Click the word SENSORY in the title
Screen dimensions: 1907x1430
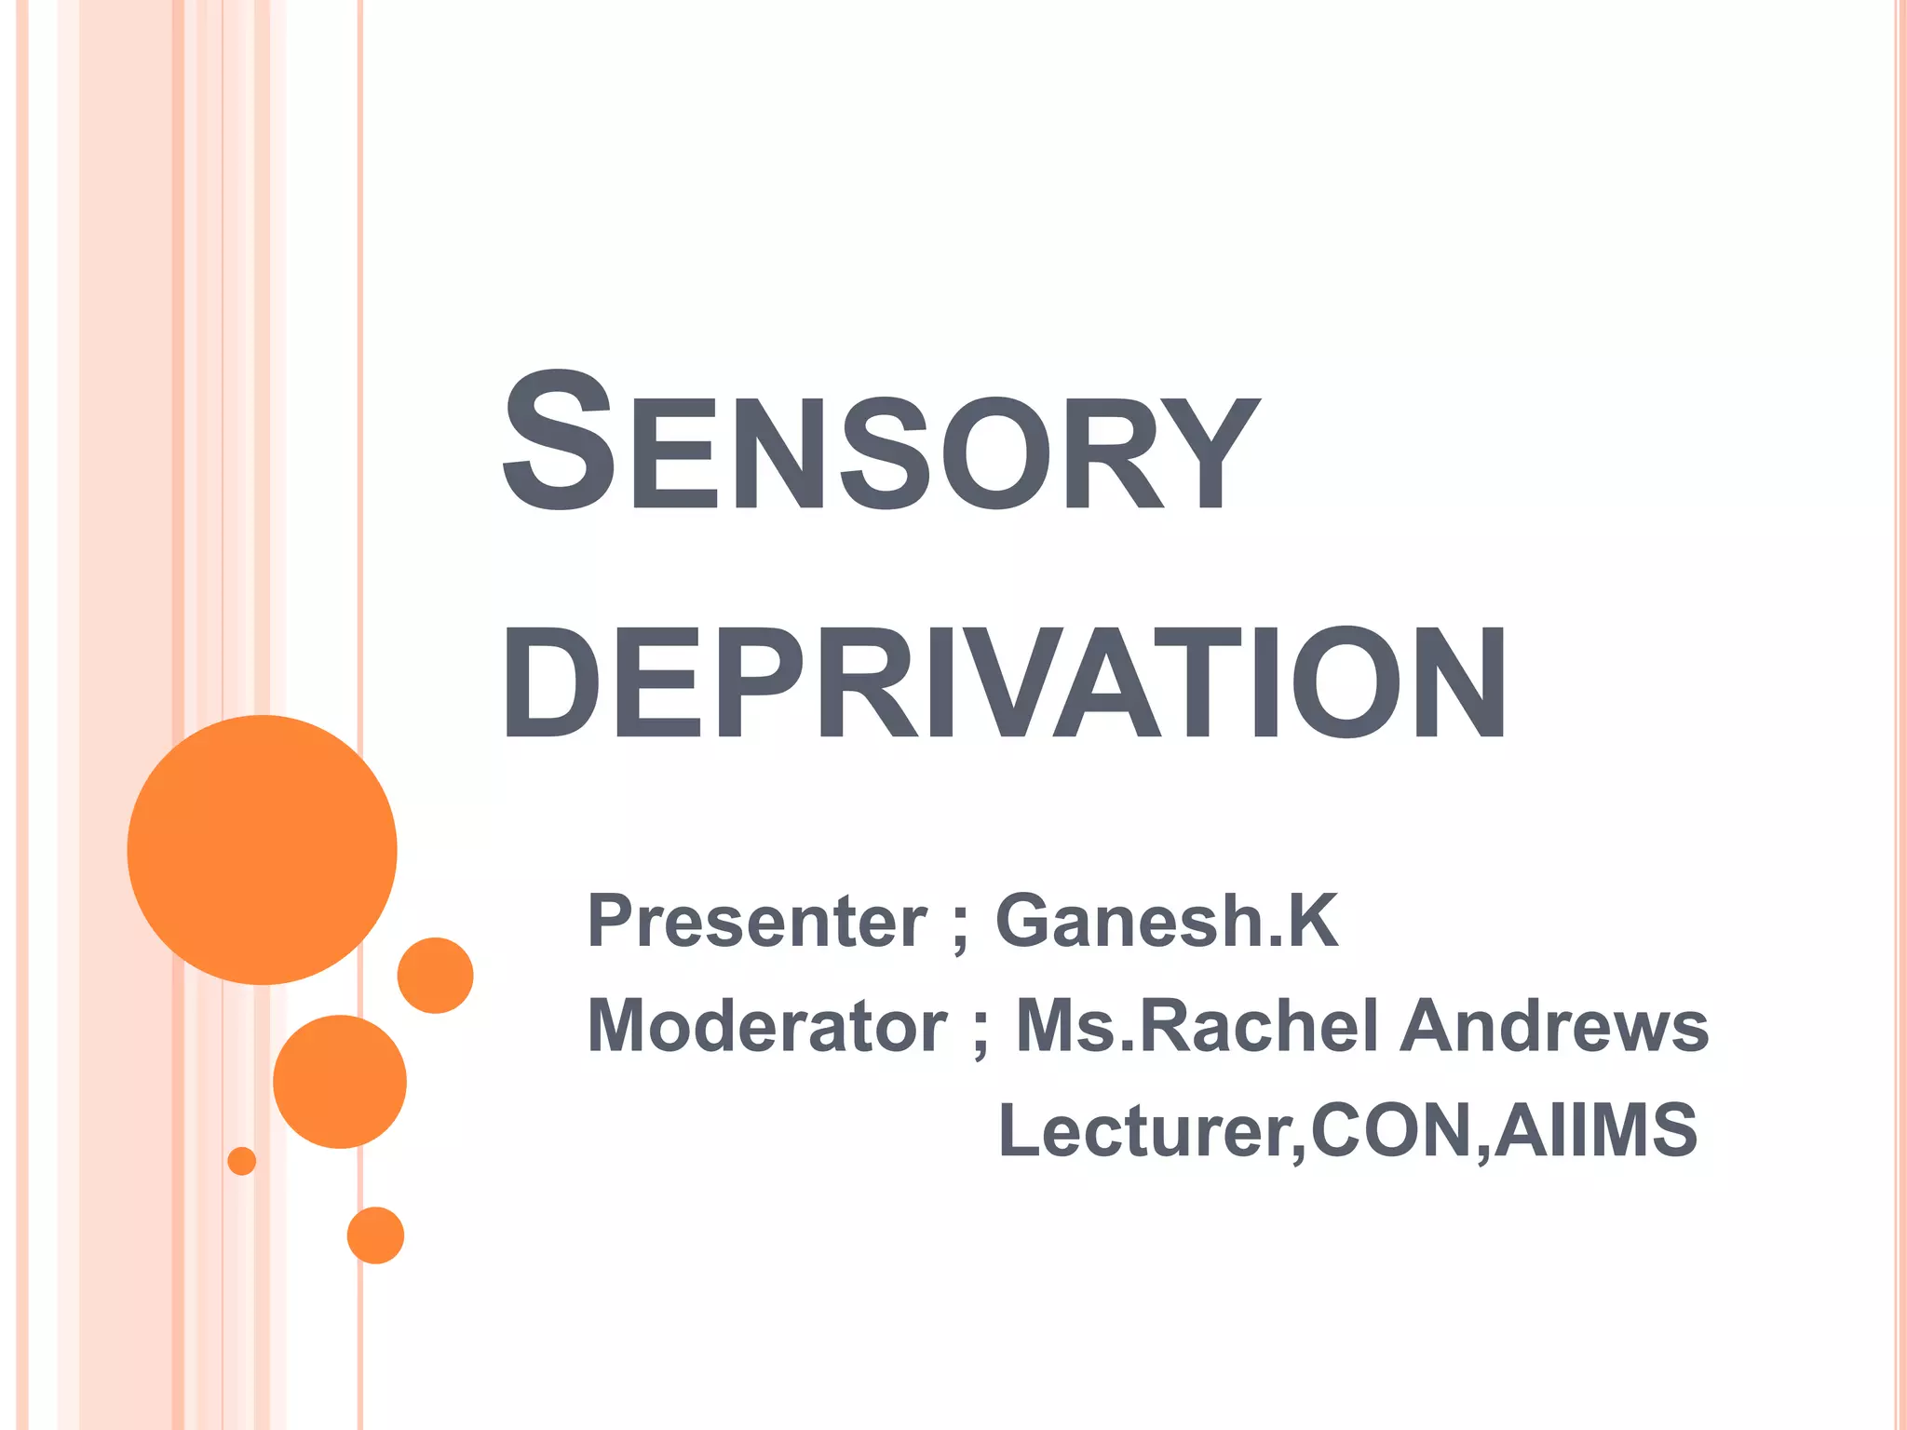click(x=881, y=440)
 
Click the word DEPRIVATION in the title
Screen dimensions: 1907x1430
click(x=1004, y=682)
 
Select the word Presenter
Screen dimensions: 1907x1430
click(x=757, y=921)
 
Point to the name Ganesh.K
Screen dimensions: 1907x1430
click(x=1167, y=921)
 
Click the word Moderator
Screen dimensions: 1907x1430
click(x=767, y=1025)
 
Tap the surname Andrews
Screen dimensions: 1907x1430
click(x=1555, y=1025)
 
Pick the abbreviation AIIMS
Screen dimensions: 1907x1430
click(x=1595, y=1130)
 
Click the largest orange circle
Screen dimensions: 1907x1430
click(x=263, y=850)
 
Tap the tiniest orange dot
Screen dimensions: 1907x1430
click(x=242, y=1161)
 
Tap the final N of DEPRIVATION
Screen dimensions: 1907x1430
click(x=1458, y=682)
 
